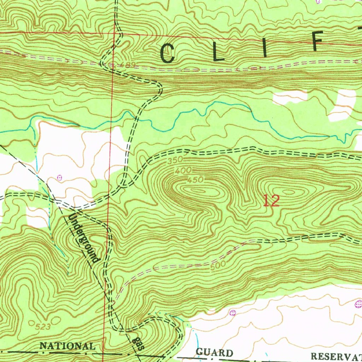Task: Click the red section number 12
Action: pos(271,201)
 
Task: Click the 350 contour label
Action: pos(175,160)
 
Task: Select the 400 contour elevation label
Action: pos(183,170)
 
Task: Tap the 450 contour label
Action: pos(195,180)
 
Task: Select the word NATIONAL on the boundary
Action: pos(67,346)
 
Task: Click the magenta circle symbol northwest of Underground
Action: pos(59,177)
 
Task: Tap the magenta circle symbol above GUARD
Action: pos(232,312)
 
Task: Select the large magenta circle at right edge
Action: pos(358,303)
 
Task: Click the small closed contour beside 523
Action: pos(32,323)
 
